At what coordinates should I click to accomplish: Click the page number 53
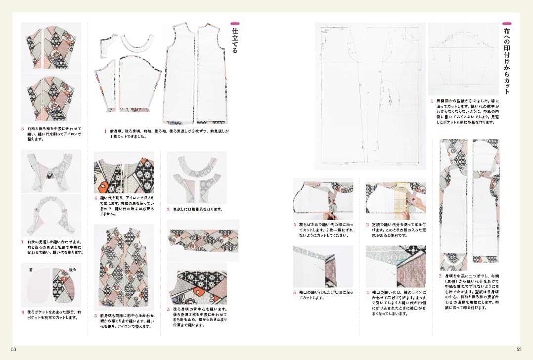coord(13,350)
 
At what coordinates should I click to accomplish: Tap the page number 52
coord(519,350)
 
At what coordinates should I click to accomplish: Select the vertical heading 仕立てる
coord(235,40)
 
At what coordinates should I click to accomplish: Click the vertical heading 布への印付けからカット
coord(506,59)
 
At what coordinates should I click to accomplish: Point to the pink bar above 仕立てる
coord(235,23)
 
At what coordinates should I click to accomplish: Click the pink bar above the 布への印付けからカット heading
coord(506,23)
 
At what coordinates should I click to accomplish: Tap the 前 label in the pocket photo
coord(31,270)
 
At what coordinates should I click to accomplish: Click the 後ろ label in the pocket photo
coord(73,270)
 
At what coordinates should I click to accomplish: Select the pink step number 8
coord(23,312)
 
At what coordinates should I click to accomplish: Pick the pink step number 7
coord(23,241)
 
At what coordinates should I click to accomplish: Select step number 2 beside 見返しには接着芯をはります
coord(169,210)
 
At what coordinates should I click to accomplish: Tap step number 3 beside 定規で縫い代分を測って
coord(368,225)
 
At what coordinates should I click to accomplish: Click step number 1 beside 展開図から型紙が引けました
coord(432,101)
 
